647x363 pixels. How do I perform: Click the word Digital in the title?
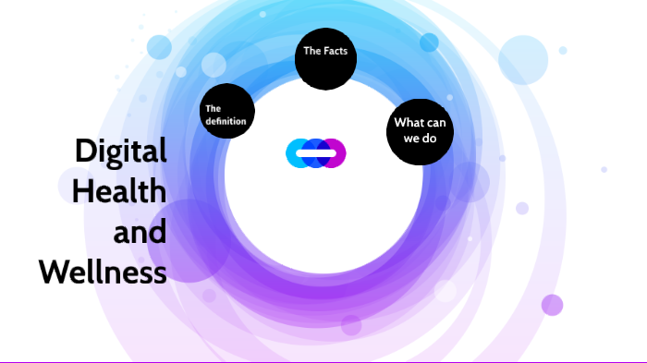121,151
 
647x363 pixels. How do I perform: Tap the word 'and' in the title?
140,231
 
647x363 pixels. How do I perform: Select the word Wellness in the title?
103,272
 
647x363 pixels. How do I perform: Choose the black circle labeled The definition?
227,111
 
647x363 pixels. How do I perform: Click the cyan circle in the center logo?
297,152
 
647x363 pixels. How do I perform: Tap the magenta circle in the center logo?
335,152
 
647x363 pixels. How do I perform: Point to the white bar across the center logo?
315,152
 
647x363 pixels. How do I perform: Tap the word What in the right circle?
407,123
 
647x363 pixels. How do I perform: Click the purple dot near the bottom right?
552,305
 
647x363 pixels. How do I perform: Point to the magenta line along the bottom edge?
323,361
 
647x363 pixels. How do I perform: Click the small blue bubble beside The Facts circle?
429,42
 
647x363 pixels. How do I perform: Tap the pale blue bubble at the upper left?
159,47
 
